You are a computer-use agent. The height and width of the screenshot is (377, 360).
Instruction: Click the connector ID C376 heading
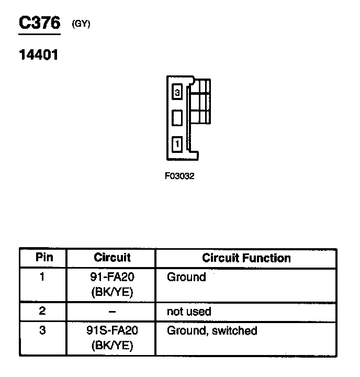pos(40,24)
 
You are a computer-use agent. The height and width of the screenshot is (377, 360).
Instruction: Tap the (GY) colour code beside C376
pos(82,24)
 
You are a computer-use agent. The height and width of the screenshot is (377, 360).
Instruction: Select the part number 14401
pos(38,54)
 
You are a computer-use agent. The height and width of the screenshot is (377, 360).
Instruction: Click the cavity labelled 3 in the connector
pos(177,93)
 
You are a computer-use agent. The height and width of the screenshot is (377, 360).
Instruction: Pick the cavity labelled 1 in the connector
pos(177,143)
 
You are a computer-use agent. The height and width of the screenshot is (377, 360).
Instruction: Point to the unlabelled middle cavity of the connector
pos(177,117)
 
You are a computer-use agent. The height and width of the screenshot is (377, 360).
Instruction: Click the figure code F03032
pos(179,176)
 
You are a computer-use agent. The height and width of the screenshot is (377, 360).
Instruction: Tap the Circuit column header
pos(112,258)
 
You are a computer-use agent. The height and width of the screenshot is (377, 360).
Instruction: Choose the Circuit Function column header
pos(246,258)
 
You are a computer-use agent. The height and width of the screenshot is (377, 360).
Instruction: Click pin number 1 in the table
pos(42,277)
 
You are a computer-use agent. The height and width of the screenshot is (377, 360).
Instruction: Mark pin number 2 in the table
pos(42,311)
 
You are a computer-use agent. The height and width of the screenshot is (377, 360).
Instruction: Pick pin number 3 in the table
pos(42,331)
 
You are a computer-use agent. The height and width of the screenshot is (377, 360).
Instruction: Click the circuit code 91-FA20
pos(112,277)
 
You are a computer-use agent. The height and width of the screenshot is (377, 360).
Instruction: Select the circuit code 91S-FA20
pos(112,331)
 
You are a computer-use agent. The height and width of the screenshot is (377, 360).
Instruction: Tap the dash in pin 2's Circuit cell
pos(112,312)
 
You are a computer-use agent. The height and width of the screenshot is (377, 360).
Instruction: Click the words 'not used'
pos(189,312)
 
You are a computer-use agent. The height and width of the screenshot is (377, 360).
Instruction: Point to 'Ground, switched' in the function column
pos(212,331)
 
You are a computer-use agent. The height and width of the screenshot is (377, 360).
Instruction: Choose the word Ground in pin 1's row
pos(186,277)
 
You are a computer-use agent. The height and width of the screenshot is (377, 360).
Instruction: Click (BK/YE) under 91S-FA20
pos(112,346)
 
